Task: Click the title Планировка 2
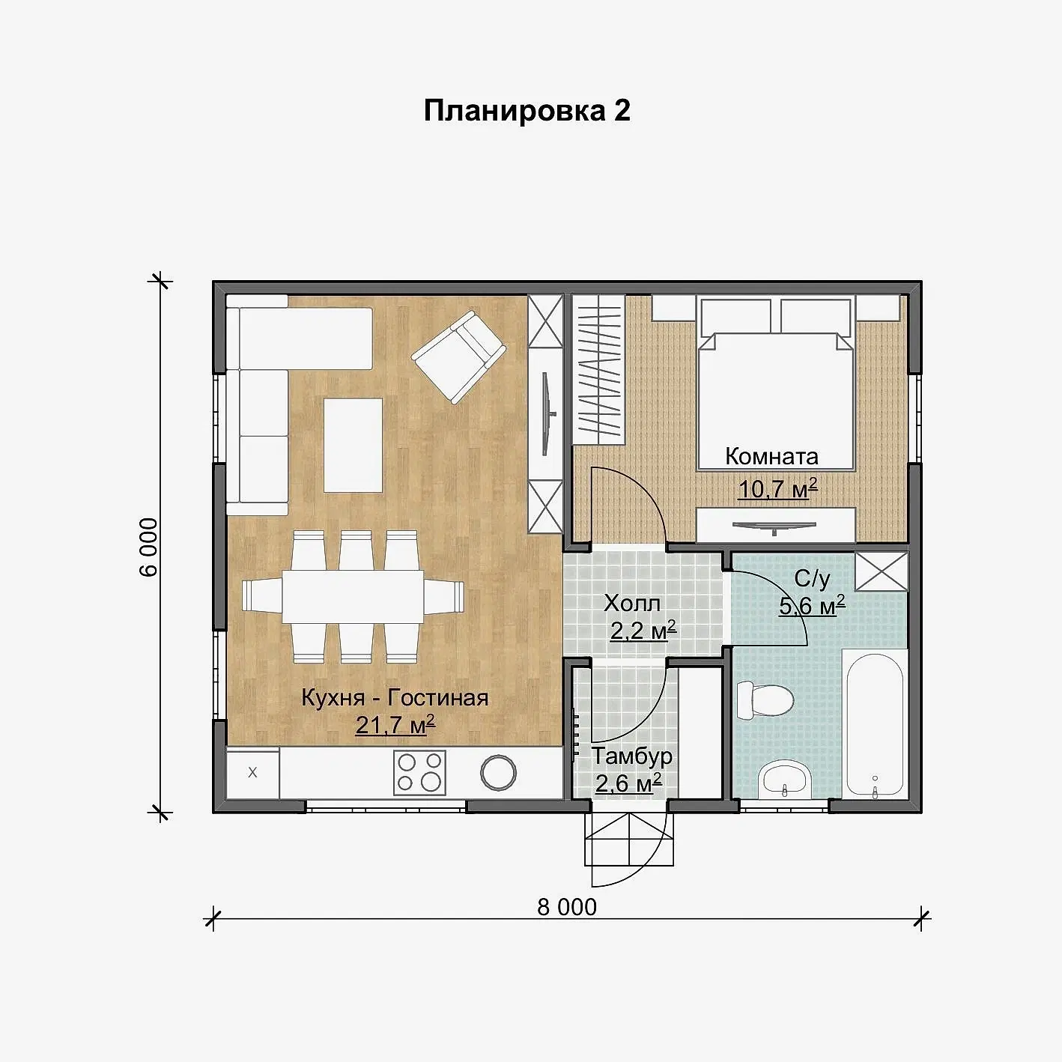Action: pos(527,112)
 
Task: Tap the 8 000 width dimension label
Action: pos(566,908)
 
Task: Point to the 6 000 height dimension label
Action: pos(149,547)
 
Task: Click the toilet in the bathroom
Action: pos(765,700)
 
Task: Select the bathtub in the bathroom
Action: pos(874,725)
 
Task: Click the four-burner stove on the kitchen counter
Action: pos(419,773)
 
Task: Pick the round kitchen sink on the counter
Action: pos(498,773)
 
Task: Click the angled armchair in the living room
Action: pos(458,356)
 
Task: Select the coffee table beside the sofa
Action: pos(353,446)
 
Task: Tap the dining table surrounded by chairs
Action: pos(353,596)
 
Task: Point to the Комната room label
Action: pos(771,456)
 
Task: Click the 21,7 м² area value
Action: pos(395,725)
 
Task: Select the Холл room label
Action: pos(632,604)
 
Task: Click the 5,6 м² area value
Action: pos(812,606)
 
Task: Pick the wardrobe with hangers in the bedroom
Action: pos(598,370)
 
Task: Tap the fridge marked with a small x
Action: pos(252,773)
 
